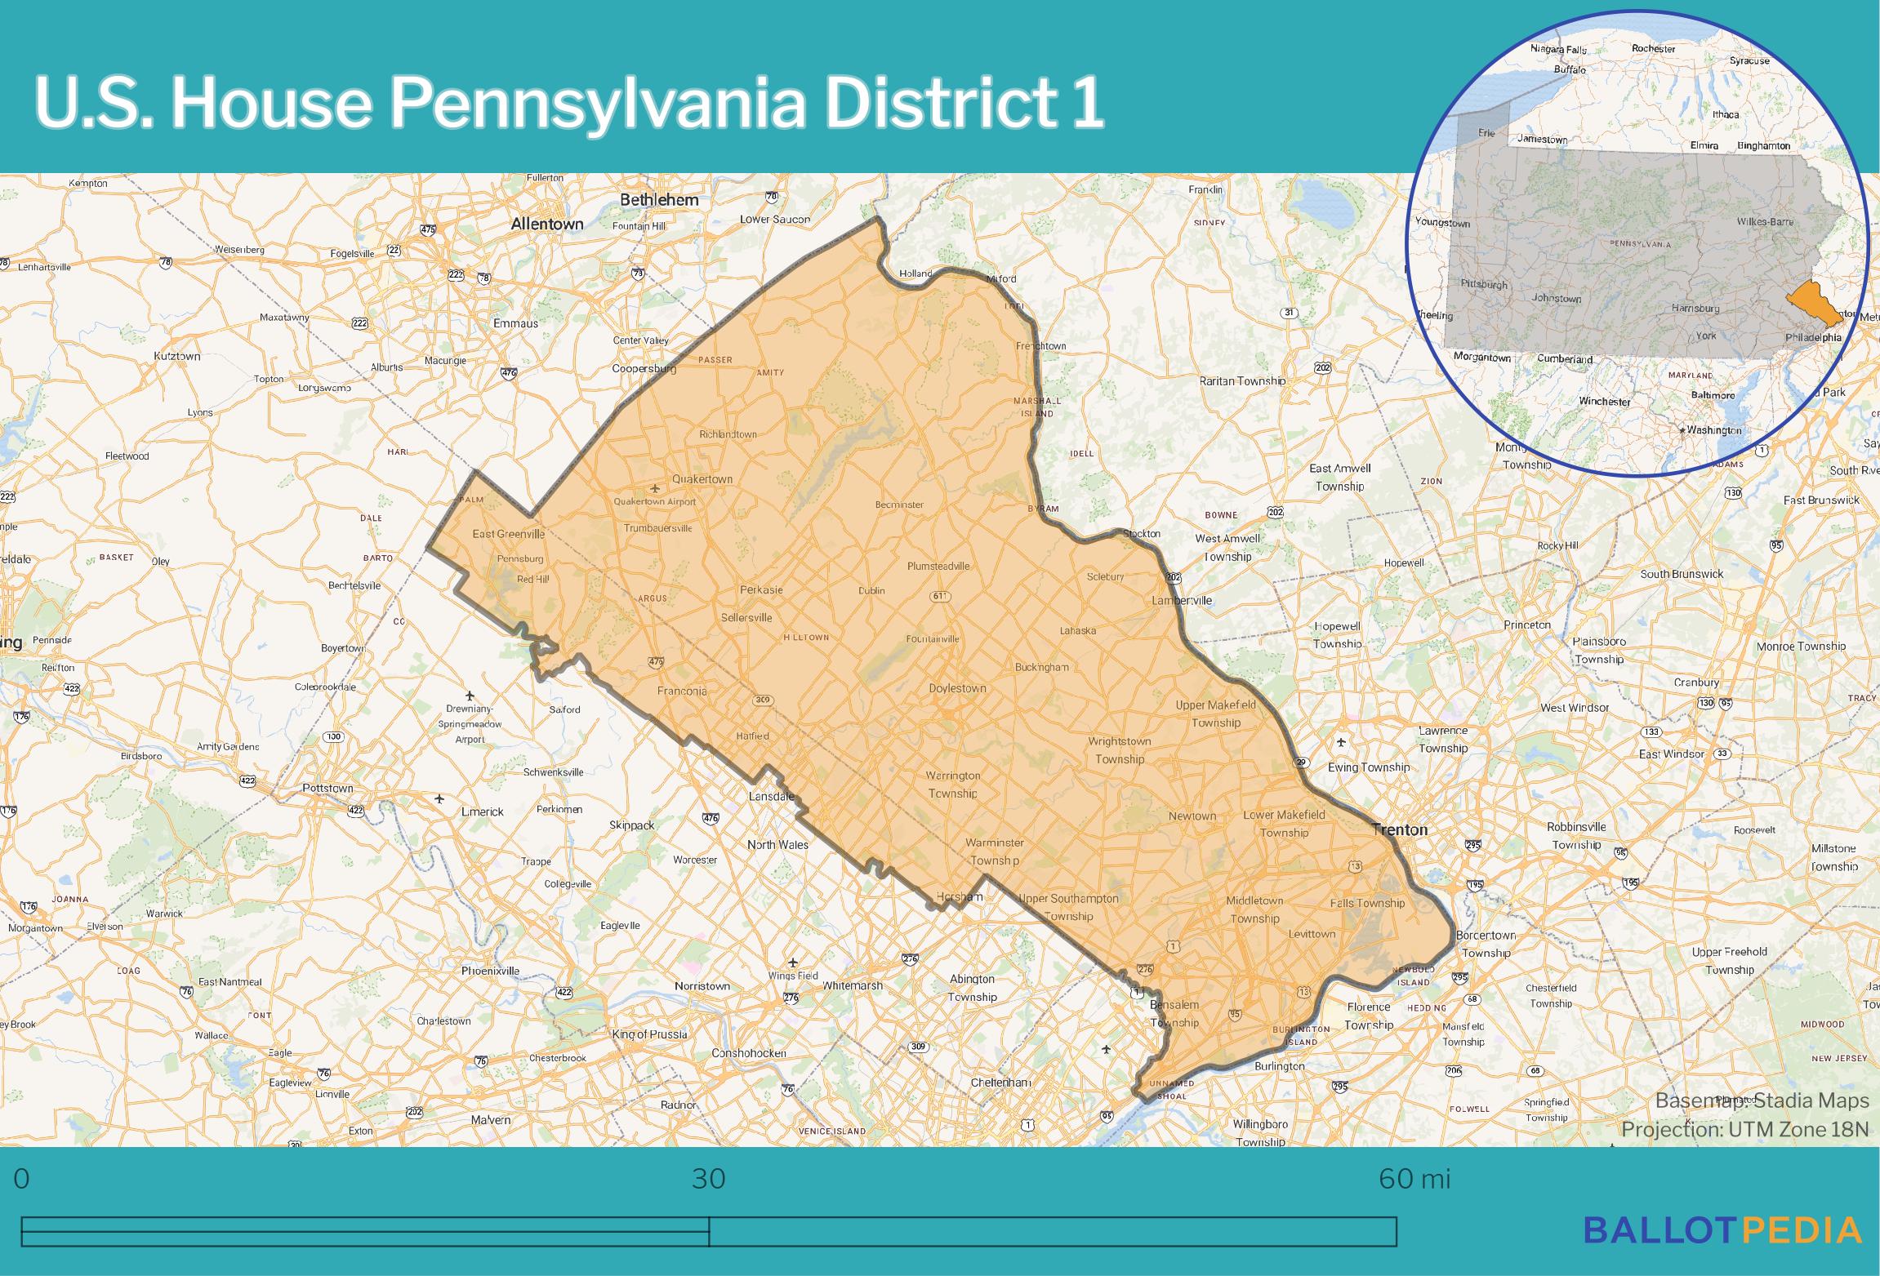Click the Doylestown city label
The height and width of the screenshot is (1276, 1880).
click(957, 688)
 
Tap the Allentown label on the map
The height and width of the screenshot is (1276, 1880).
click(546, 224)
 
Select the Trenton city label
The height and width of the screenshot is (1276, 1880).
click(1400, 829)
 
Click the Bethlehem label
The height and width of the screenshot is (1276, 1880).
click(659, 200)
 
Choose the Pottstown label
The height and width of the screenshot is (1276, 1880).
click(327, 788)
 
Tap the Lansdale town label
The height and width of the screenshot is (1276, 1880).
click(772, 796)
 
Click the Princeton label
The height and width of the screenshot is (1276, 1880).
click(1526, 625)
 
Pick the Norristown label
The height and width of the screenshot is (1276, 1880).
click(702, 986)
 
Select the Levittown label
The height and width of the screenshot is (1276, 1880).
click(1312, 934)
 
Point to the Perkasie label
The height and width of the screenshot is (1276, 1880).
click(760, 589)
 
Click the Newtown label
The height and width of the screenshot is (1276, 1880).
click(1192, 816)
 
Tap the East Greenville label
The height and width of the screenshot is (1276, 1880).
click(508, 534)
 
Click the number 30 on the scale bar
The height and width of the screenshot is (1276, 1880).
click(708, 1179)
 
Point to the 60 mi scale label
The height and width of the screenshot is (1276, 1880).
click(1414, 1179)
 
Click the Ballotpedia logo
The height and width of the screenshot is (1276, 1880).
click(1722, 1229)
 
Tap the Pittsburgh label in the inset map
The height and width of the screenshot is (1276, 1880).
click(1483, 285)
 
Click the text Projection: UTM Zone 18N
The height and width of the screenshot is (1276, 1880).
click(1744, 1130)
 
